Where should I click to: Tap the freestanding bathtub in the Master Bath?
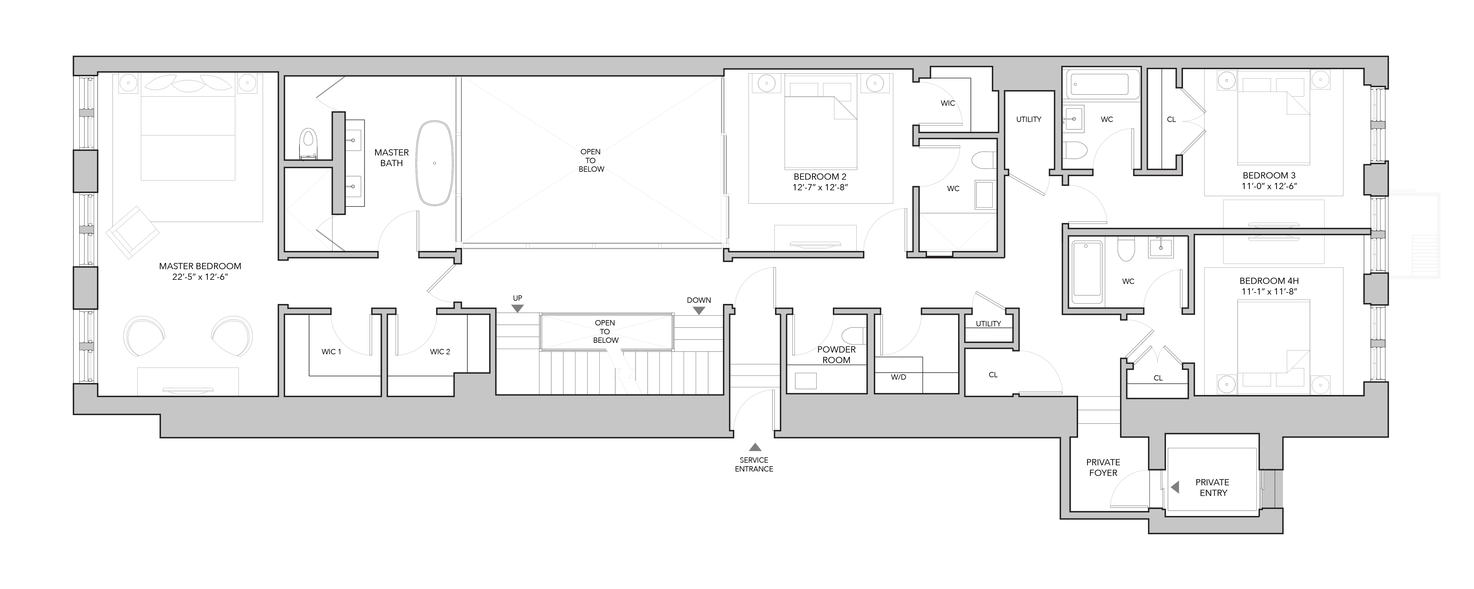(434, 163)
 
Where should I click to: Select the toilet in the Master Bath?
(309, 143)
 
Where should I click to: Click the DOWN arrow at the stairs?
(699, 310)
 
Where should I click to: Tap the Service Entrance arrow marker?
(755, 447)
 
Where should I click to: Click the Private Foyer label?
(1103, 467)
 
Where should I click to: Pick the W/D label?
(898, 377)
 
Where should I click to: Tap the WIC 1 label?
(331, 352)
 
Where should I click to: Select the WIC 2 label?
(440, 352)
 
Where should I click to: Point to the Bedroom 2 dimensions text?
(820, 187)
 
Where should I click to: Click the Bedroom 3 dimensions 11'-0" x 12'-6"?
(1269, 186)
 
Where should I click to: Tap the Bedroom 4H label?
(1269, 281)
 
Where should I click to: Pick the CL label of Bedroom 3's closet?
(1171, 120)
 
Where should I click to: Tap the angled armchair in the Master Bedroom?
(132, 231)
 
